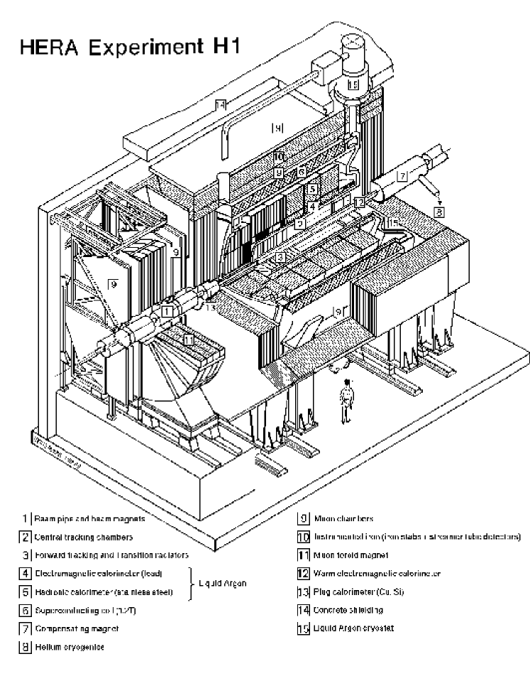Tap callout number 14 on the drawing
[x=221, y=105]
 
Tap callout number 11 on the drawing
[x=188, y=340]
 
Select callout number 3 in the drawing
[x=281, y=257]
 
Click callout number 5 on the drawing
[x=311, y=190]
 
